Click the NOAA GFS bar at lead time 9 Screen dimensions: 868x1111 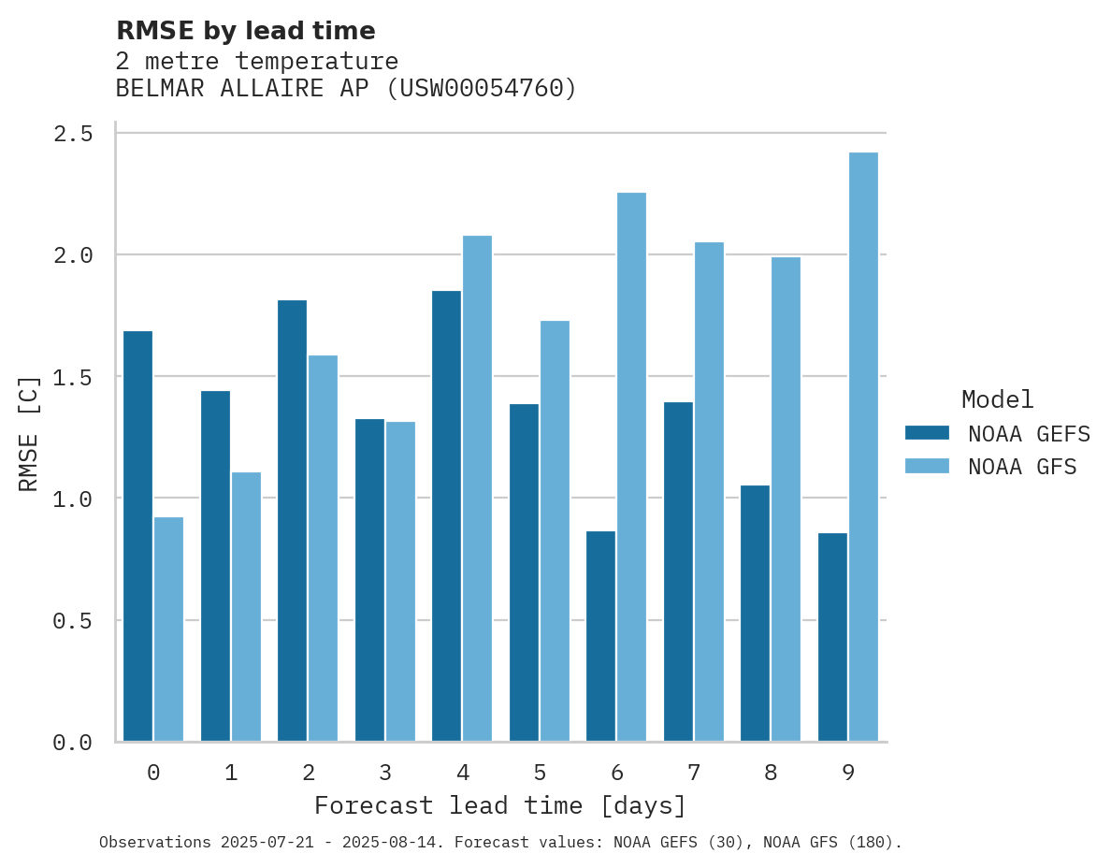[x=863, y=447]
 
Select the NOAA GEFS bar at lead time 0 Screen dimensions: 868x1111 [x=137, y=536]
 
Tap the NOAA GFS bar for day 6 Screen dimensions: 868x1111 [x=631, y=467]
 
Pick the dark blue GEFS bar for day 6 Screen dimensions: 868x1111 [x=600, y=636]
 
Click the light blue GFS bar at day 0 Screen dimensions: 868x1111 [x=168, y=629]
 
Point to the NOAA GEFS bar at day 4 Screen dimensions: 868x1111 [x=446, y=515]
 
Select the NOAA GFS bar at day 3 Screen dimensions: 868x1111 [x=400, y=581]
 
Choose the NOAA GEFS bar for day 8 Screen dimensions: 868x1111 [x=755, y=613]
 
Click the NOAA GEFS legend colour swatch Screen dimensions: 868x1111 [x=927, y=433]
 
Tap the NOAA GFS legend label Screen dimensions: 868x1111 [x=1022, y=467]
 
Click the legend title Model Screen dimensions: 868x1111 [x=997, y=399]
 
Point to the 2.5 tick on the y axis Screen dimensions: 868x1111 [x=73, y=134]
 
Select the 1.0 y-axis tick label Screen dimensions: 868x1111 [x=73, y=499]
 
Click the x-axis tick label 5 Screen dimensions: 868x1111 [x=540, y=773]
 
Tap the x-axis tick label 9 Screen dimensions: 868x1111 [x=848, y=773]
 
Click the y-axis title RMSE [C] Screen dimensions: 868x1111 [x=29, y=432]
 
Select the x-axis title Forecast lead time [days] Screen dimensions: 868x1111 [x=500, y=805]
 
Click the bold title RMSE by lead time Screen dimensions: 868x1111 [x=245, y=31]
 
